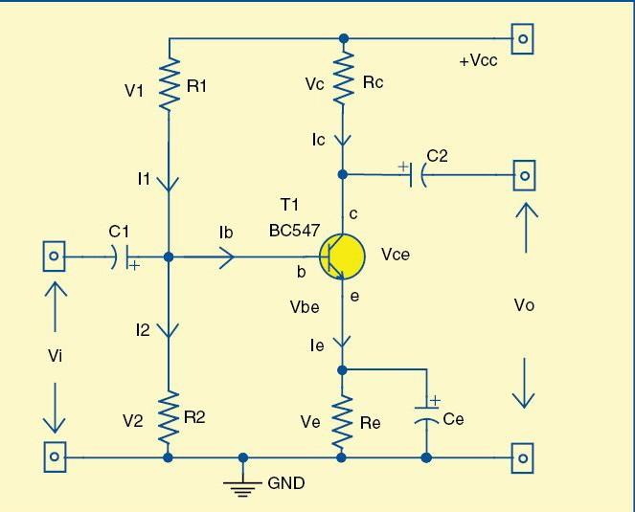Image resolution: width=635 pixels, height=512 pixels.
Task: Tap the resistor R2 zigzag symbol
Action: tap(169, 416)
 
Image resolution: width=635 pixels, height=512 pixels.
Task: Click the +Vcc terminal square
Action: tap(523, 39)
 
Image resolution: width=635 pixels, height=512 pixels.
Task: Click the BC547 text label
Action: tap(295, 231)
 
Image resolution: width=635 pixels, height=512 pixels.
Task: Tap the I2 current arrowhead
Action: tap(169, 331)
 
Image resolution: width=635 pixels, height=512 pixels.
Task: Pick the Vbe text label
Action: tap(305, 307)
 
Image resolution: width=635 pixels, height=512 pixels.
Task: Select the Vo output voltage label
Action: tap(524, 305)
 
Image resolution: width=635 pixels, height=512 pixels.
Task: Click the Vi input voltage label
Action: tap(57, 355)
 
